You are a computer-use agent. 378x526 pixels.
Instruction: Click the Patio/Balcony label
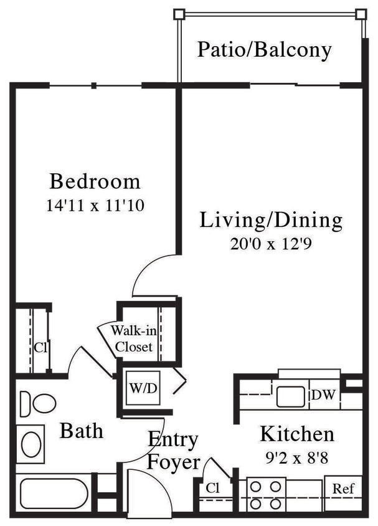pos(264,50)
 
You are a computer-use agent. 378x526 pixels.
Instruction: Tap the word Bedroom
pos(95,182)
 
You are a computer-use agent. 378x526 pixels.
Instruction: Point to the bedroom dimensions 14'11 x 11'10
pos(95,205)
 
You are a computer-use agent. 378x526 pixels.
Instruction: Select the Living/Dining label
pos(271,220)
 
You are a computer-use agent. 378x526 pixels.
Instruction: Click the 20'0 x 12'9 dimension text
pos(270,243)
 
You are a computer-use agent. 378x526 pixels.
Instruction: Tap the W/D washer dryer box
pos(143,388)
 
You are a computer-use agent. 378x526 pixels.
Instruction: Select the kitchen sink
pos(290,396)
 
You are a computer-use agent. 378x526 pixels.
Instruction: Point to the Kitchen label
pos(297,433)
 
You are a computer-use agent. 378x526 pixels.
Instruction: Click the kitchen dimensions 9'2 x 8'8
pos(296,457)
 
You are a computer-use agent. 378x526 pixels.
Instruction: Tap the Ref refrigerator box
pos(343,489)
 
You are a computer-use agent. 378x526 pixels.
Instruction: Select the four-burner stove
pos(266,494)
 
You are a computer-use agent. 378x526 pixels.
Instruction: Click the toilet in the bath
pos(37,404)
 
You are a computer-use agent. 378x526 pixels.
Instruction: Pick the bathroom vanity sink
pos(30,444)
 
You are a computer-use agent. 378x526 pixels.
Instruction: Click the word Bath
pos(82,431)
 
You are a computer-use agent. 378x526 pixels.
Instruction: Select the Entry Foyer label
pos(174,451)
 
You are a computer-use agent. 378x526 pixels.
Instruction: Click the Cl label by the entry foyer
pos(212,488)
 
